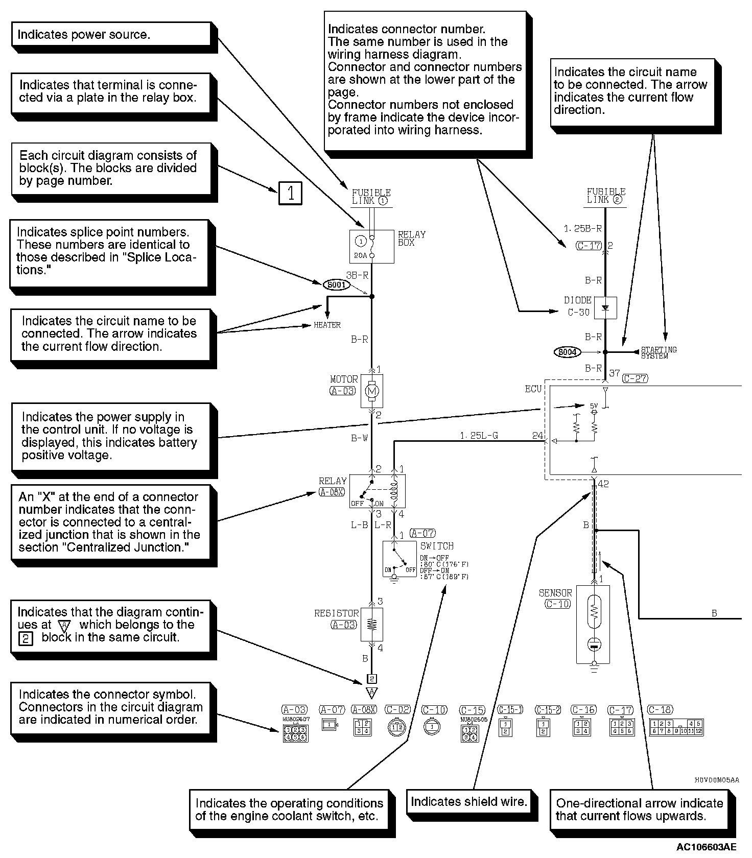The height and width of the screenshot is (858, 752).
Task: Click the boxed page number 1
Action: (290, 194)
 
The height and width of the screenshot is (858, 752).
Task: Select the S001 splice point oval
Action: (337, 284)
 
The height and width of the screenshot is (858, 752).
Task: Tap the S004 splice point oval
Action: (567, 352)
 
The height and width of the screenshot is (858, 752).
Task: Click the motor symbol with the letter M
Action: (372, 391)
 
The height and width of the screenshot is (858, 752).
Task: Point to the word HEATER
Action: (327, 325)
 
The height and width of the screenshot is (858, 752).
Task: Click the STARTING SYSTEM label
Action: (659, 352)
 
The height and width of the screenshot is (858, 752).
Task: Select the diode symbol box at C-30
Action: (606, 308)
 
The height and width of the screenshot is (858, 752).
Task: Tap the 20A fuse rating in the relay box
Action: (361, 255)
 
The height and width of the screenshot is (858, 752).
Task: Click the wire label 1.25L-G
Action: (479, 436)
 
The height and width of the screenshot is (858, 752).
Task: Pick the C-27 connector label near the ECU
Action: (635, 378)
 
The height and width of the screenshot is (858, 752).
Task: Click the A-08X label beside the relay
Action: (332, 491)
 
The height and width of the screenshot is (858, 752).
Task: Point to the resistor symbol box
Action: (372, 624)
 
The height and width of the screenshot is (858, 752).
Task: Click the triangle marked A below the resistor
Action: (372, 693)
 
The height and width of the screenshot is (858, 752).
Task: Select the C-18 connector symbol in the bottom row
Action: (676, 727)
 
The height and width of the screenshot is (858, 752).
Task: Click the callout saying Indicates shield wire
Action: (468, 802)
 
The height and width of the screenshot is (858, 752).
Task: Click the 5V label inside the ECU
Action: (594, 406)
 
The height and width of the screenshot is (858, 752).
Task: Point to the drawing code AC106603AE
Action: (707, 847)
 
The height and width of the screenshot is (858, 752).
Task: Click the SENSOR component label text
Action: (555, 593)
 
